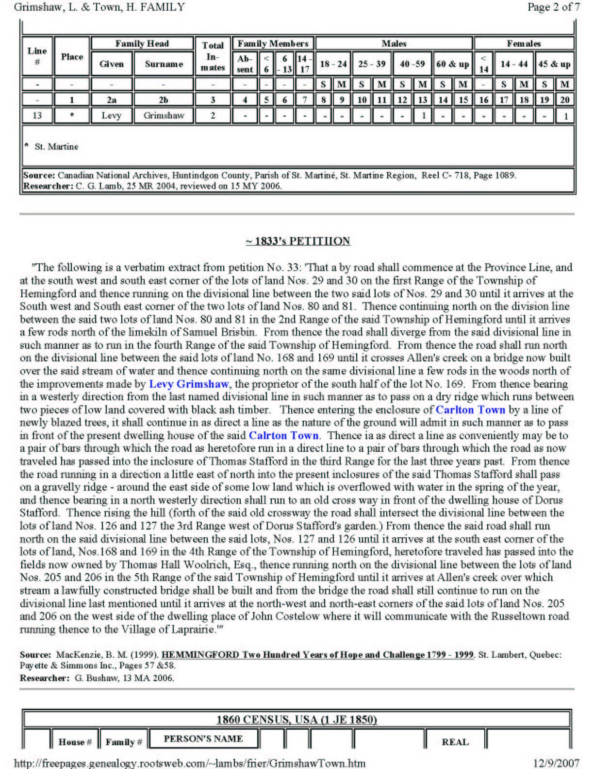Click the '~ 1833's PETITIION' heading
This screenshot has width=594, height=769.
coord(297,241)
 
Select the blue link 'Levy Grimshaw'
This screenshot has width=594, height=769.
coord(189,384)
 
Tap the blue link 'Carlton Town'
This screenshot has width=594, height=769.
coord(470,410)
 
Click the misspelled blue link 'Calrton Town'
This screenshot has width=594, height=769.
coord(284,435)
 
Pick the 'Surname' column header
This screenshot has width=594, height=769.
coord(164,64)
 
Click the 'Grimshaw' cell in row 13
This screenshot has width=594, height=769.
coord(164,116)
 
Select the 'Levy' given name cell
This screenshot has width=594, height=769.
coord(111,116)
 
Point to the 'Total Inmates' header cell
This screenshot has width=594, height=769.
coord(213,56)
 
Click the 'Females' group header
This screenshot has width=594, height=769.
coord(524,44)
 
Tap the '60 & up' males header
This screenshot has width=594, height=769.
coord(452,64)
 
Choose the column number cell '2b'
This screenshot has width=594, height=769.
coord(164,100)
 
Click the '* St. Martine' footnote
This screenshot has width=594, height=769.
coord(53,147)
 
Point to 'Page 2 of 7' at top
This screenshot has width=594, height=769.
coord(553,7)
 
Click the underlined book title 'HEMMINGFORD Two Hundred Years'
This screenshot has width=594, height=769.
coord(317,654)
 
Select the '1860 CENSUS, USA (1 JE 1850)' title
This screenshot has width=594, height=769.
coord(297,719)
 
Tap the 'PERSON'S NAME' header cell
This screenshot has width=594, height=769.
coord(203,739)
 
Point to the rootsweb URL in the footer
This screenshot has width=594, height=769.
coord(189,763)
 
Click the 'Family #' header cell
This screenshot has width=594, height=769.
coord(124,742)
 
